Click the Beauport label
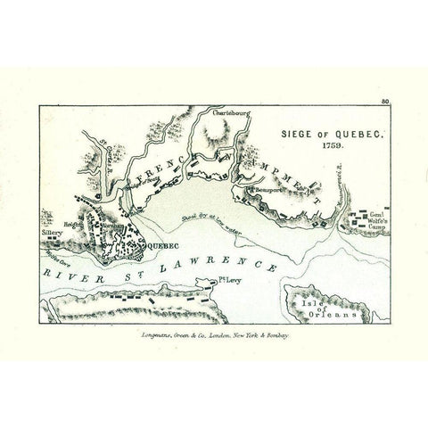[265, 189]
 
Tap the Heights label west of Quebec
[74, 226]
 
